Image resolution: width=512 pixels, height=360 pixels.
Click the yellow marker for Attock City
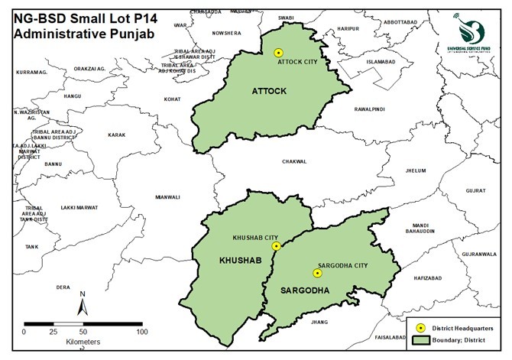coord(278,53)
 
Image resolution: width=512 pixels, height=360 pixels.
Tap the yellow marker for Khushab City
coord(277,246)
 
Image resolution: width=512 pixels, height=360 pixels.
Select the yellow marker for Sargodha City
coord(316,273)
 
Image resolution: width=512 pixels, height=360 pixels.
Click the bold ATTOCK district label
coord(268,92)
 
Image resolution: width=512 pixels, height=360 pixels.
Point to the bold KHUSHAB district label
coord(219,262)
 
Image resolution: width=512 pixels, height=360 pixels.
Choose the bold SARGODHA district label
coord(305,291)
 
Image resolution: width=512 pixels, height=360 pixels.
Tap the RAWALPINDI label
coord(371,110)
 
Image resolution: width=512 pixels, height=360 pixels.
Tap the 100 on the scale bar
coord(142,332)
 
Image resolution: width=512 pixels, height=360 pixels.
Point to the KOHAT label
coord(173,99)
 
